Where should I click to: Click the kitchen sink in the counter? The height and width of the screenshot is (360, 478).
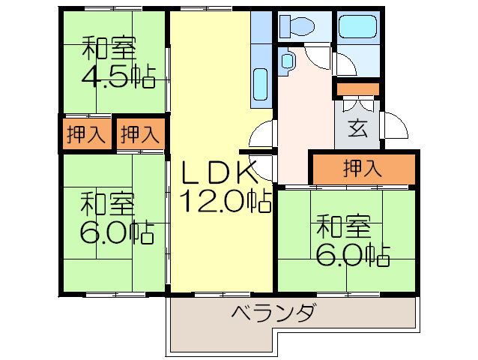[260, 82]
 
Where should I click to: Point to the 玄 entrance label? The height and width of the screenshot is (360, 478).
[357, 128]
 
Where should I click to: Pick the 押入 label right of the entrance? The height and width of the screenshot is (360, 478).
[362, 168]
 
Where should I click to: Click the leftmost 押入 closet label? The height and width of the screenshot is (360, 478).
[85, 136]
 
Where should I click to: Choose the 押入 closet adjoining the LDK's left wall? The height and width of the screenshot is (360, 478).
[139, 136]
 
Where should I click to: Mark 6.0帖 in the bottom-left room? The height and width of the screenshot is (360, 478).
[116, 231]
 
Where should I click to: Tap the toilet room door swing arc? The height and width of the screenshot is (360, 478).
[318, 57]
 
